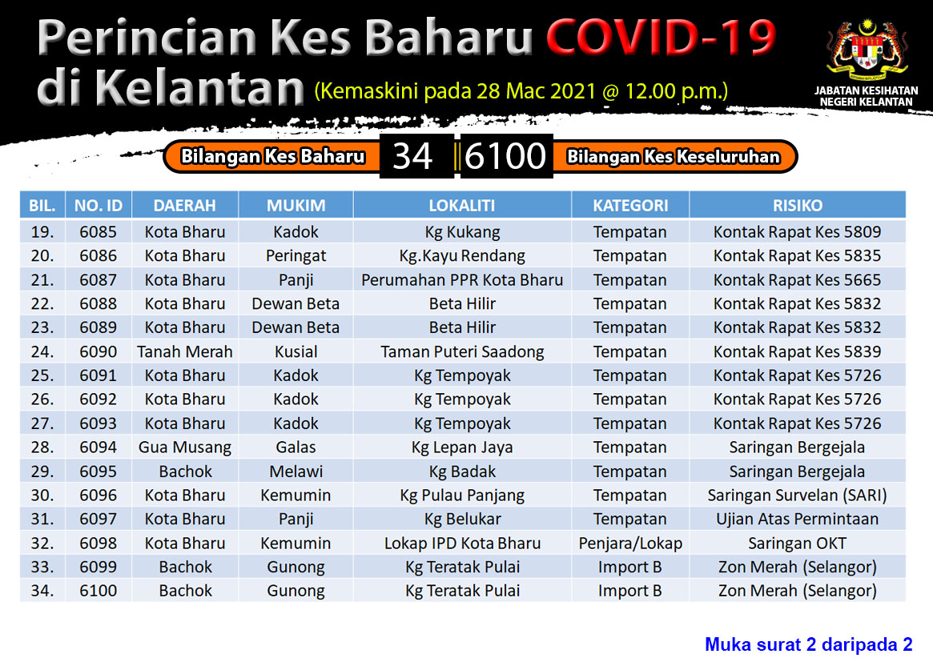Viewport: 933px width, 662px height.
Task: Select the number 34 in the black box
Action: (412, 156)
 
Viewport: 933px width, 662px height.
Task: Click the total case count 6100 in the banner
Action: (505, 156)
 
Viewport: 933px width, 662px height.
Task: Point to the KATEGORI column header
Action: (630, 206)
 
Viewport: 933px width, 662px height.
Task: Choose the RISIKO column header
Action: (798, 206)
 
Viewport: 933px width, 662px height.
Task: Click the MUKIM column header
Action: (296, 206)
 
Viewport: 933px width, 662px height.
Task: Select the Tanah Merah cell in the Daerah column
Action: (185, 352)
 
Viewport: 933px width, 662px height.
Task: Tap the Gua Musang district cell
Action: (185, 447)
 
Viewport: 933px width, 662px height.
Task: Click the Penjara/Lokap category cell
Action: (630, 543)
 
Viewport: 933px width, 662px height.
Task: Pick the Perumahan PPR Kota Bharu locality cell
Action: (462, 280)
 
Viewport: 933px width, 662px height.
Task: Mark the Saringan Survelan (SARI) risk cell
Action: (798, 495)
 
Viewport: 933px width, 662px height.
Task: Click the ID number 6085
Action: (99, 232)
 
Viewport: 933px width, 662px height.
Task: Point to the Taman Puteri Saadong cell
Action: (462, 352)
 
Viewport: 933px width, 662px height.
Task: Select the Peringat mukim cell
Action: (296, 256)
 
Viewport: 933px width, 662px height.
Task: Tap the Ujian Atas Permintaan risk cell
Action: (798, 520)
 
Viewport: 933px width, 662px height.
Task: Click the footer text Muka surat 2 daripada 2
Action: (809, 644)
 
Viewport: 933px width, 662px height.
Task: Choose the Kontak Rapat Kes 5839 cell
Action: (798, 352)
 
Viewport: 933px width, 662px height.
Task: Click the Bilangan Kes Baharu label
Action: (272, 156)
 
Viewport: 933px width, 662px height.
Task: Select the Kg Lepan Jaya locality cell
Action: (462, 447)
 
